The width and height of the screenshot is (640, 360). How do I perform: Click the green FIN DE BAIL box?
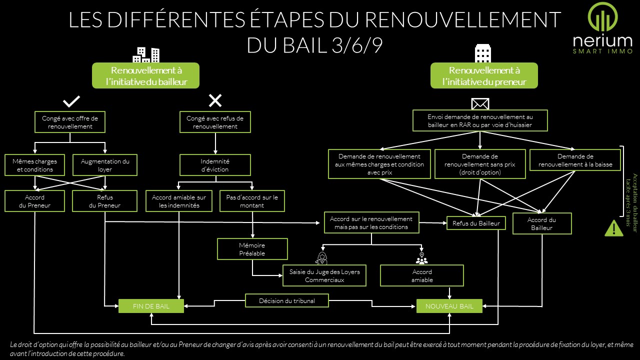(151, 306)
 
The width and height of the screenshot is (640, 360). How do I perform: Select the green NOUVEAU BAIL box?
(449, 306)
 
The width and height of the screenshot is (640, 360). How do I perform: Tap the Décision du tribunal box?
(287, 300)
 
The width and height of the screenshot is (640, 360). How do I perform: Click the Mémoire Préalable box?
(252, 249)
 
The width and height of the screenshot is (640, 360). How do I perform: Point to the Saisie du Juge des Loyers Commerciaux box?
(324, 276)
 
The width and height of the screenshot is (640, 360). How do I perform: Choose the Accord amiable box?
(422, 276)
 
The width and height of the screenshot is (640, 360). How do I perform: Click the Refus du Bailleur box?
(476, 223)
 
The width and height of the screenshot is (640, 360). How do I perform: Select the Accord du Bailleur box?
(541, 223)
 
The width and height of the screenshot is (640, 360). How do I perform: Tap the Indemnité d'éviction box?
(215, 165)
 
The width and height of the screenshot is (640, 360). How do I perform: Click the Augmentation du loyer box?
(105, 165)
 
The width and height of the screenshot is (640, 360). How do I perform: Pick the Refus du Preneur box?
(105, 201)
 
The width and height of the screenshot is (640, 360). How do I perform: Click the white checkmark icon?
(71, 101)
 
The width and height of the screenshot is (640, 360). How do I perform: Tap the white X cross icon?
(215, 101)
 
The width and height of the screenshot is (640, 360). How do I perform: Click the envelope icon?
(480, 103)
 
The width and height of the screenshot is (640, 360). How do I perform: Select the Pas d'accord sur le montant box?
(252, 201)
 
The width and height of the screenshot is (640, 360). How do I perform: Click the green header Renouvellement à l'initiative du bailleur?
(145, 75)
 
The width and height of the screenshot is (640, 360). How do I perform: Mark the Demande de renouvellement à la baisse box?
(568, 160)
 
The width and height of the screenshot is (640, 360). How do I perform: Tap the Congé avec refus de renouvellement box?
(215, 122)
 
